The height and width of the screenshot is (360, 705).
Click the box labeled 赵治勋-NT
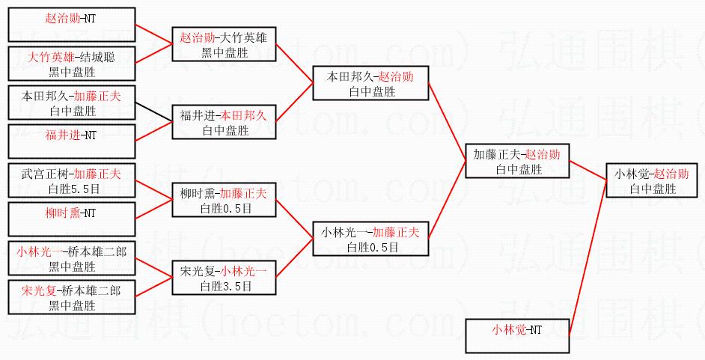click(x=72, y=24)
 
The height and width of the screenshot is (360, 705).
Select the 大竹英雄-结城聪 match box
click(x=72, y=64)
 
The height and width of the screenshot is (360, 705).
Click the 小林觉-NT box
click(x=517, y=336)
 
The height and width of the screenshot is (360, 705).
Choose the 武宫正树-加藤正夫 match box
click(x=72, y=181)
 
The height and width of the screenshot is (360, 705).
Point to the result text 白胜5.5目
click(x=72, y=189)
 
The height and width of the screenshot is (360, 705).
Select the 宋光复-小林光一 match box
click(x=224, y=278)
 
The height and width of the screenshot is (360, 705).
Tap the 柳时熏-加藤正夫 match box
click(x=224, y=200)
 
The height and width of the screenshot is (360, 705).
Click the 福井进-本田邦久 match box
click(x=224, y=123)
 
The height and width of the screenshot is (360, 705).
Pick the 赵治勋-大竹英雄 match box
click(x=224, y=44)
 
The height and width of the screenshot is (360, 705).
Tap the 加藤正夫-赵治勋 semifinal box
click(x=517, y=162)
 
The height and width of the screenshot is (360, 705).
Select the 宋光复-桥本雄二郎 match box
click(x=72, y=297)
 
